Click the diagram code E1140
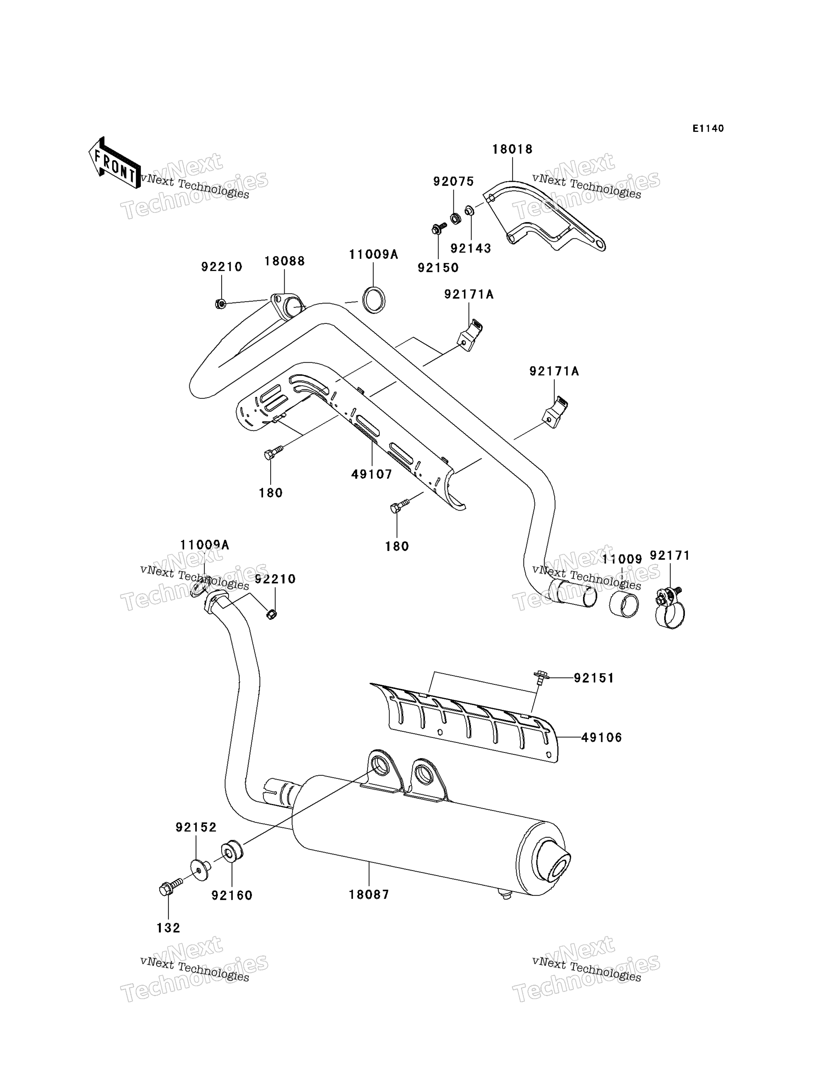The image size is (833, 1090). point(708,129)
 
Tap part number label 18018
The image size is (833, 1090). point(512,149)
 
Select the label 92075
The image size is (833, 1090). point(454,182)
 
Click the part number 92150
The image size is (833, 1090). point(438,268)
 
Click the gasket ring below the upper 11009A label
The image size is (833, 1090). point(374,300)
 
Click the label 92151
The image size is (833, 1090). point(594,678)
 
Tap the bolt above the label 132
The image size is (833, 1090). point(171,885)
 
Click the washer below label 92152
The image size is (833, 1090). point(200,870)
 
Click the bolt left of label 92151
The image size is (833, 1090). point(540,678)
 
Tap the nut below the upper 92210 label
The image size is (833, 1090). point(221,303)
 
